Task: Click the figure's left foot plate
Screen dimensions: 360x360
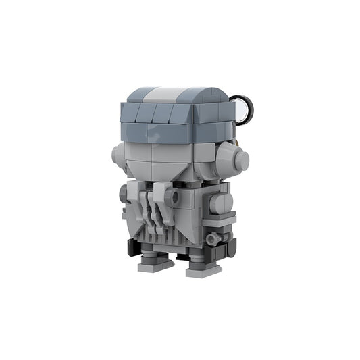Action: pos(155,265)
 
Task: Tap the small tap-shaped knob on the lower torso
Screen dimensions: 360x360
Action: pos(213,238)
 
